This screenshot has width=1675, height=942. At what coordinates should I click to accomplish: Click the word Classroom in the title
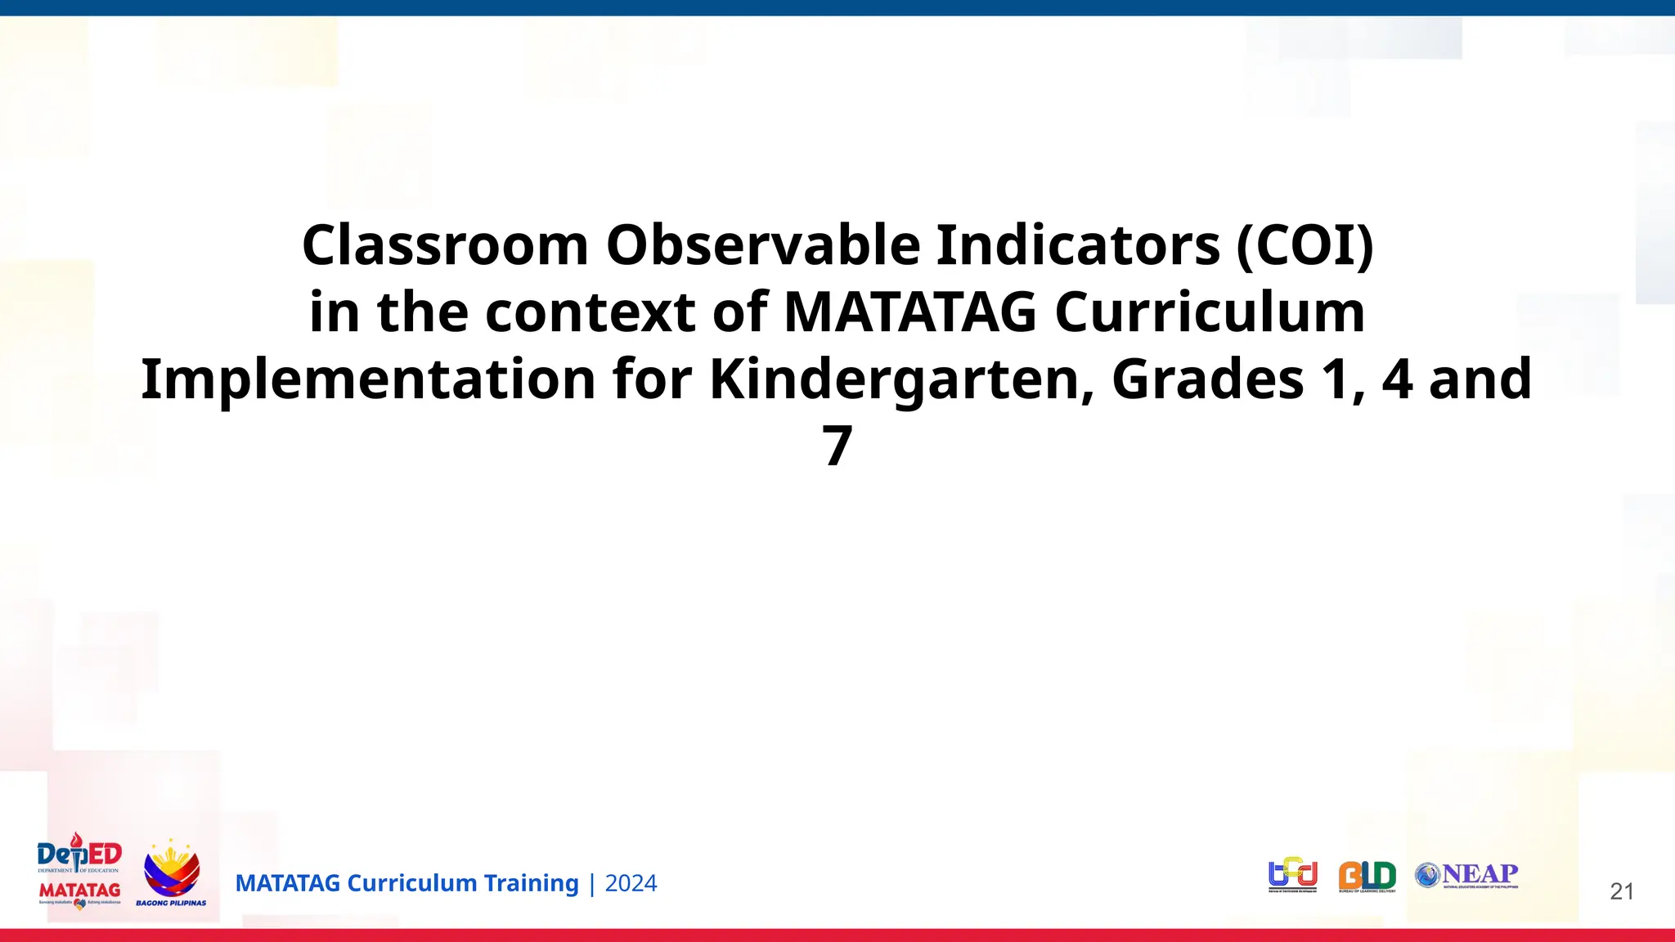[445, 245]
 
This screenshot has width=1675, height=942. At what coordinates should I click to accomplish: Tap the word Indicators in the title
[1077, 245]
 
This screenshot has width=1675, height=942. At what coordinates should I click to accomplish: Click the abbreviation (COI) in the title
[1305, 245]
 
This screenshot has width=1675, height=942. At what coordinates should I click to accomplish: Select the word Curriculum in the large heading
[1210, 312]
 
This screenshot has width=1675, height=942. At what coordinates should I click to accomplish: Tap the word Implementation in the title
[368, 379]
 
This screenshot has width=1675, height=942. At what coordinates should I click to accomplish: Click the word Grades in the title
[1207, 379]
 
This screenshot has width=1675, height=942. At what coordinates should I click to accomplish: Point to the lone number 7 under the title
[837, 446]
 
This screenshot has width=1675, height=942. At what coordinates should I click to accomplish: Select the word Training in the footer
[531, 883]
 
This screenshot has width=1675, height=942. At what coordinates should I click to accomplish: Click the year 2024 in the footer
[631, 883]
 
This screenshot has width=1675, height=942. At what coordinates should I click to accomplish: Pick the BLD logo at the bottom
[1367, 877]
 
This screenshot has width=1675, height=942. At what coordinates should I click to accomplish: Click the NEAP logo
[1466, 875]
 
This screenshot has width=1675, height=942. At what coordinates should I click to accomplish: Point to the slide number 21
[1621, 891]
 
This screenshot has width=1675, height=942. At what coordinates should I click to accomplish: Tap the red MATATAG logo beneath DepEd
[79, 891]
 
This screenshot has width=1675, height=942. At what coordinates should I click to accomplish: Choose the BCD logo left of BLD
[1293, 875]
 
